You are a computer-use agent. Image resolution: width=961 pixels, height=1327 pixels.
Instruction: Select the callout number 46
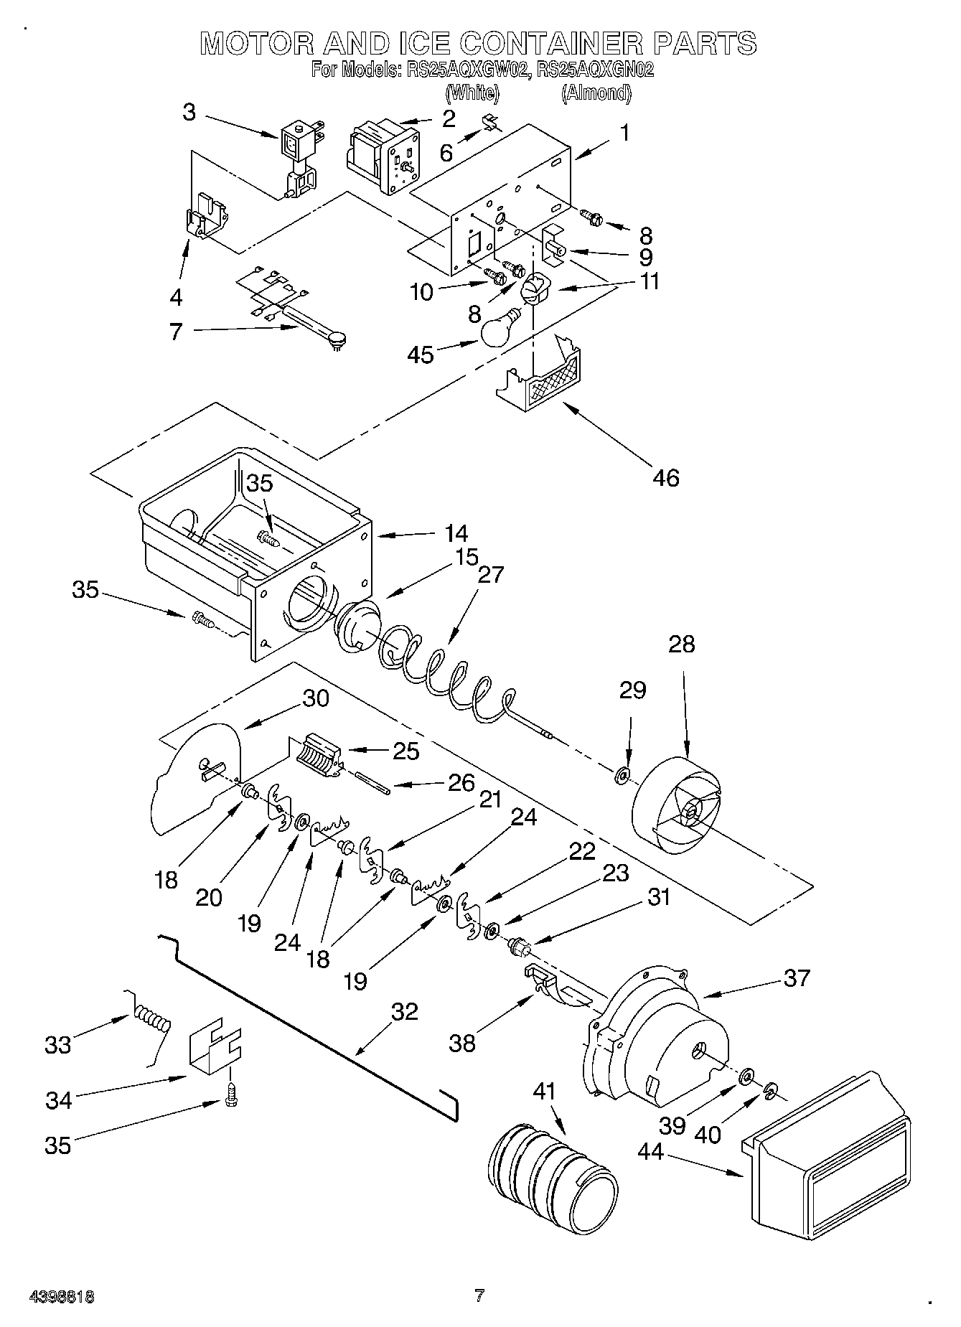(x=666, y=477)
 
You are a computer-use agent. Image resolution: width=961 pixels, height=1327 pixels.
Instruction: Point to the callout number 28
(x=681, y=644)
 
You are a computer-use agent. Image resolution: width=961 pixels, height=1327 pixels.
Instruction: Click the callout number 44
(x=652, y=1150)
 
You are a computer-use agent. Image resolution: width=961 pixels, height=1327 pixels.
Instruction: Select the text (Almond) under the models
(x=596, y=93)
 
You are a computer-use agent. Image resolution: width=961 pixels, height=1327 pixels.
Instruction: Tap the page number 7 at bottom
(x=479, y=1296)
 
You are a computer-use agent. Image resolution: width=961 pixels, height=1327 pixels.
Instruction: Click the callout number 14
(x=456, y=533)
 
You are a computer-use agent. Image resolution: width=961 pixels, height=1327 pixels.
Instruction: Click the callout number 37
(x=796, y=977)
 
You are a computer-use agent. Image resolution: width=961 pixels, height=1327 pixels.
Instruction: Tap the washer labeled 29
(x=622, y=775)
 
